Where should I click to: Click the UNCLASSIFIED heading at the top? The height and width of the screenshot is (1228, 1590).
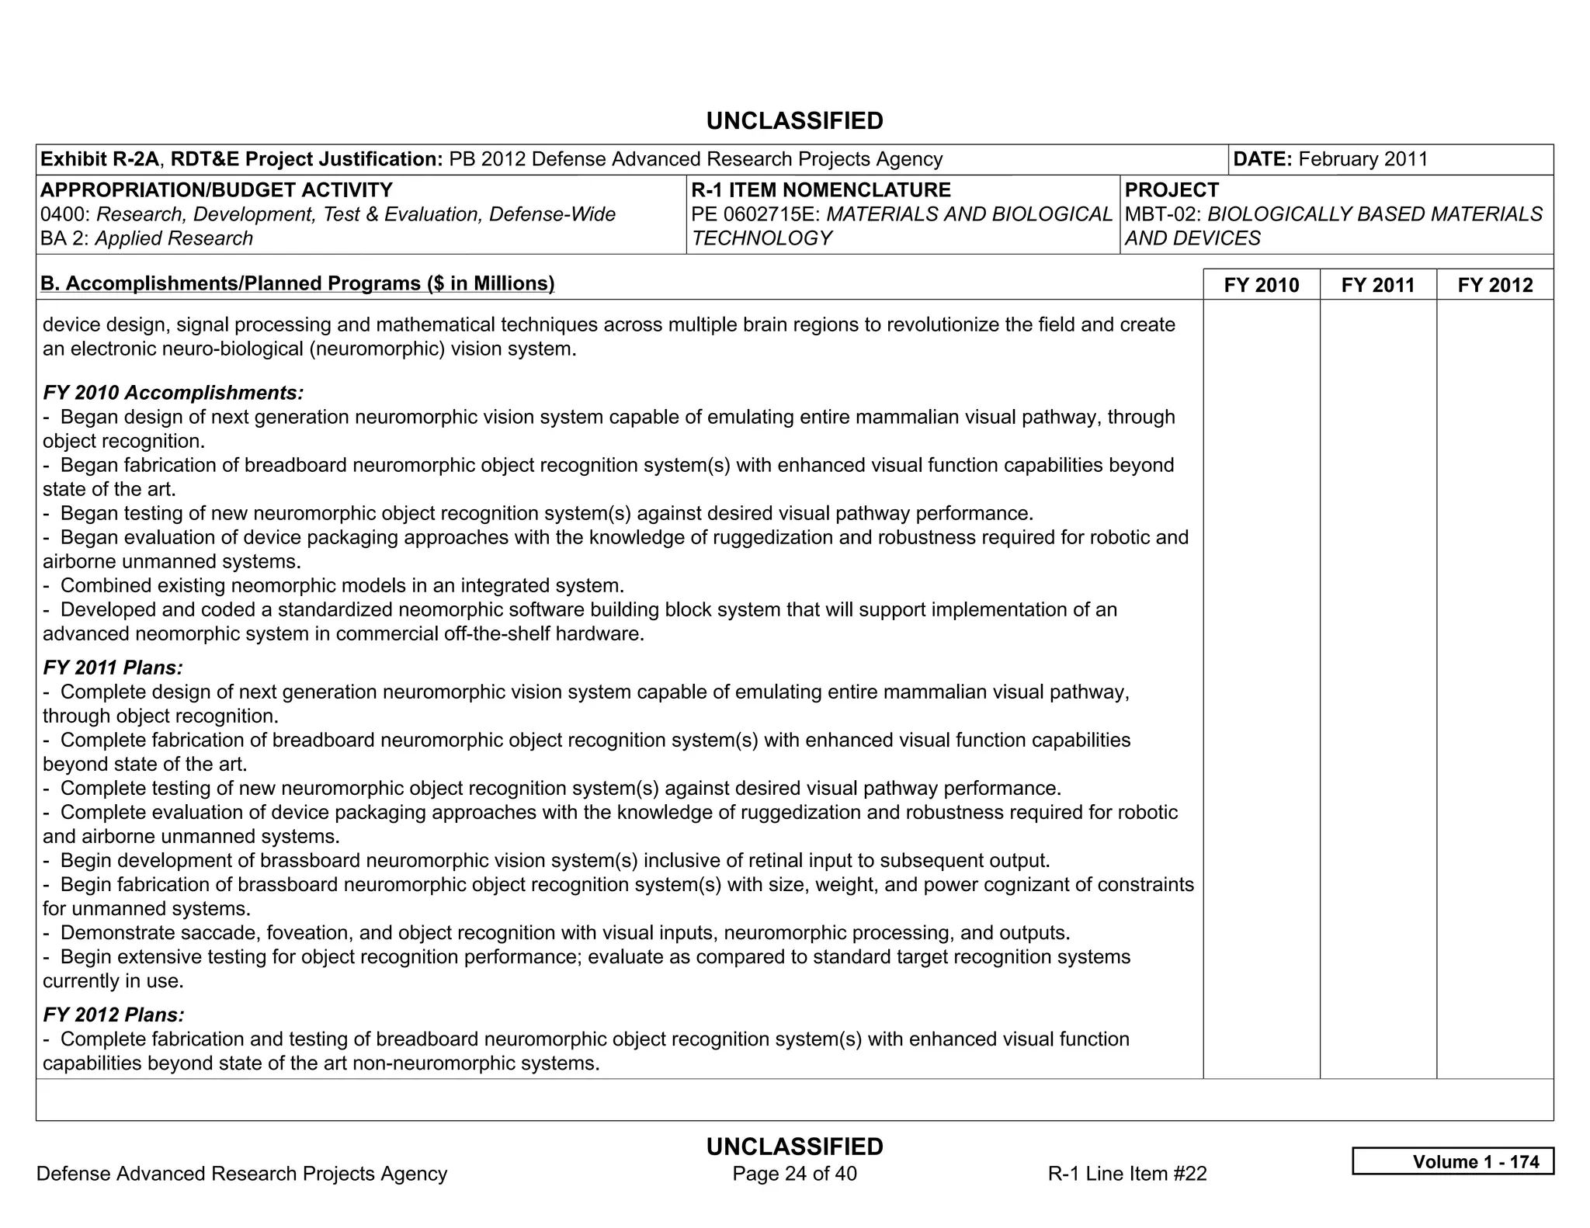point(794,121)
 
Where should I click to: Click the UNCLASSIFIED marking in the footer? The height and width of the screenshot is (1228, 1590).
point(794,1146)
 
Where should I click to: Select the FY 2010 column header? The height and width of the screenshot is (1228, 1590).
point(1261,285)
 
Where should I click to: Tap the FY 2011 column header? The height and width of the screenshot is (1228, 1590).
point(1377,285)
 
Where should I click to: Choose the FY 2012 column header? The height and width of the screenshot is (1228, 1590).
point(1495,285)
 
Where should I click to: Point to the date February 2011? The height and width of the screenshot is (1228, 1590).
point(1363,159)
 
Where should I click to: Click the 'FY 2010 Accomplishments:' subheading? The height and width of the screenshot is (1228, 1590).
point(173,393)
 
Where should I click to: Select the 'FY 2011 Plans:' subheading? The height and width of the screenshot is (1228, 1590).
point(113,668)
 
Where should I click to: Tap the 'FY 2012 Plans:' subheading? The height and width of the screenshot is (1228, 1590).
point(113,1015)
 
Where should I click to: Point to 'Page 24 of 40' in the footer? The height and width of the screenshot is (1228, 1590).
point(794,1173)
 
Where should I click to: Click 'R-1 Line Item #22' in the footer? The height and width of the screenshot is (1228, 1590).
point(1127,1173)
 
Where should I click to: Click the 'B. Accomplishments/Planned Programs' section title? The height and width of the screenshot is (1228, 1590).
point(297,283)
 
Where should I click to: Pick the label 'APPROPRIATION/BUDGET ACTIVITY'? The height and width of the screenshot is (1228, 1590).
point(217,190)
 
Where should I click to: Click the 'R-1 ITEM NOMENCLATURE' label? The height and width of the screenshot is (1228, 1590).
point(821,190)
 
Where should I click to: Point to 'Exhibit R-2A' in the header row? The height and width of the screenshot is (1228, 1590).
point(99,159)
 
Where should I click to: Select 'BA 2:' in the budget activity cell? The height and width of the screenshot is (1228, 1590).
point(65,238)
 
